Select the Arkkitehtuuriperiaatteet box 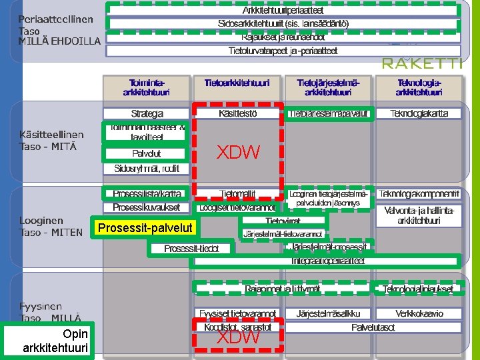tap(283, 10)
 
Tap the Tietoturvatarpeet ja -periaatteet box tap(283, 50)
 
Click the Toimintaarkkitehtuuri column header tap(146, 87)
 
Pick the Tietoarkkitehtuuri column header tap(237, 83)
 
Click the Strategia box tap(147, 114)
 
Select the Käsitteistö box tap(237, 114)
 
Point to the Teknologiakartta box tap(419, 114)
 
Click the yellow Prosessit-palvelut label tap(145, 228)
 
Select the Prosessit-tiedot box tap(191, 249)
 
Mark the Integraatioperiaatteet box tap(327, 261)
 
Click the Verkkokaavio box tap(419, 313)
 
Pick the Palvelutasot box tap(373, 327)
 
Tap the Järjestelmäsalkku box tap(327, 313)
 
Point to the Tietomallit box tap(237, 194)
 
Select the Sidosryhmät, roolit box tap(147, 168)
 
